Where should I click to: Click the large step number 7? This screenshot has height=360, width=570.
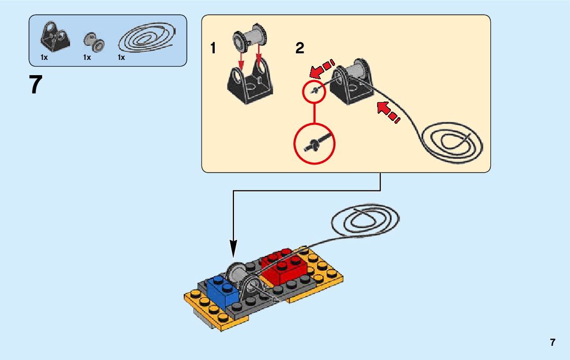tap(35, 85)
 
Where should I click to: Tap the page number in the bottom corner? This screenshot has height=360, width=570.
tap(552, 342)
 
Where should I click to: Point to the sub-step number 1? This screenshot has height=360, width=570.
tap(213, 49)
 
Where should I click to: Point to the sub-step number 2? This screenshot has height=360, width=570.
tap(299, 49)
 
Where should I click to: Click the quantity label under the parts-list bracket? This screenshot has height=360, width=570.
tap(44, 58)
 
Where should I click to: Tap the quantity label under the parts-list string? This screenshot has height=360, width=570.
tap(121, 58)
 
